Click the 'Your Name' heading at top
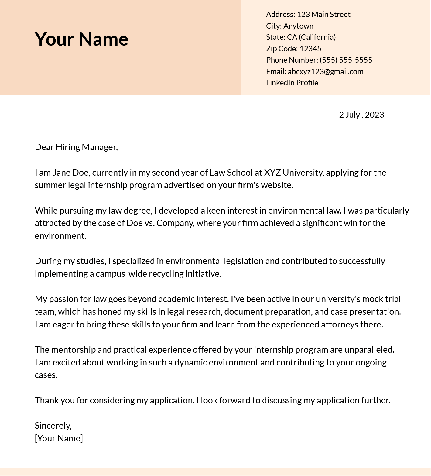[x=81, y=39]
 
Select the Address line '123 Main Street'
[x=308, y=15]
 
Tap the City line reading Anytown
[x=289, y=26]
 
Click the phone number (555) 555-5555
[x=346, y=60]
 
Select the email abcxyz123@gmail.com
[x=325, y=71]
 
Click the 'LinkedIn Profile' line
[x=292, y=83]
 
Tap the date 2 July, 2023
[x=361, y=115]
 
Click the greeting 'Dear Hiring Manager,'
[x=76, y=147]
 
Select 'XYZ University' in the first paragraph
[x=293, y=173]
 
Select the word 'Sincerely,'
[x=53, y=426]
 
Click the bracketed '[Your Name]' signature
[x=59, y=438]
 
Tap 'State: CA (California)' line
[x=301, y=37]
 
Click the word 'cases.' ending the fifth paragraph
[x=46, y=375]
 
